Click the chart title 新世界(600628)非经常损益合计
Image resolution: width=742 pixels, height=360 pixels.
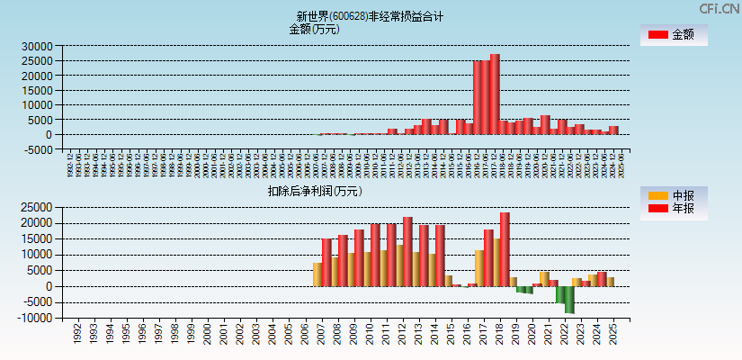pyautogui.click(x=370, y=16)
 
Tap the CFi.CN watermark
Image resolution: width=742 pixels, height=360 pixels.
pyautogui.click(x=719, y=8)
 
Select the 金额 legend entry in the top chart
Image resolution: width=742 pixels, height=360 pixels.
pyautogui.click(x=674, y=35)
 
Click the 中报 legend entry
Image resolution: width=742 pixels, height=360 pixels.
pyautogui.click(x=674, y=195)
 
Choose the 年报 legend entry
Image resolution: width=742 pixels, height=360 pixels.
pyautogui.click(x=674, y=209)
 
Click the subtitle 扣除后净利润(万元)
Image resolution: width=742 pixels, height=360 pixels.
pyautogui.click(x=315, y=191)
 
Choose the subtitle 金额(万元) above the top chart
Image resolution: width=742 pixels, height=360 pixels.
pyautogui.click(x=314, y=29)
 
